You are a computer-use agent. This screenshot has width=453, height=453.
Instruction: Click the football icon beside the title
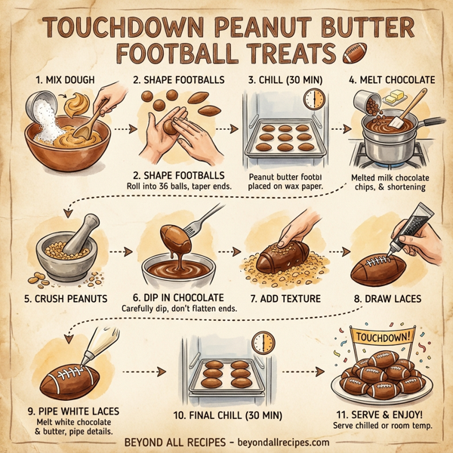[353, 54]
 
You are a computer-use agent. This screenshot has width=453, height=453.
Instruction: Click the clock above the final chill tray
[262, 344]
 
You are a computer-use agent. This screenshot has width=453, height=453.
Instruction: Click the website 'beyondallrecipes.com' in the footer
[273, 442]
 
